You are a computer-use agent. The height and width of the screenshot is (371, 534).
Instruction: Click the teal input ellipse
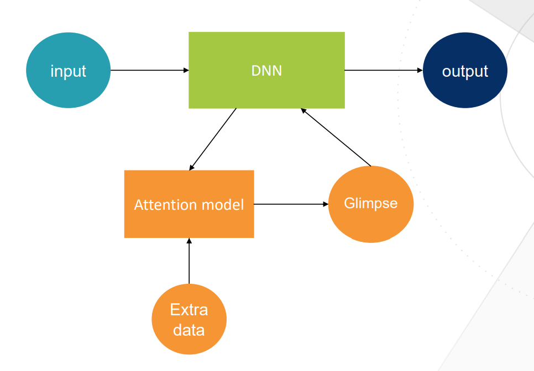tap(68, 71)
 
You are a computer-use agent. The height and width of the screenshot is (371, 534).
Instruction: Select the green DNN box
tap(266, 71)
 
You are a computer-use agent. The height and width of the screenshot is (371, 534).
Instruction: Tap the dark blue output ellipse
tap(465, 71)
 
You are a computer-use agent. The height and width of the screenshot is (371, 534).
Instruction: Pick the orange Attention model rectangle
tap(189, 204)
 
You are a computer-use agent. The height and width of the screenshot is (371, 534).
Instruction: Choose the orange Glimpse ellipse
tap(371, 204)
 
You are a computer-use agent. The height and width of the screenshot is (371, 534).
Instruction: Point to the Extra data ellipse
tap(189, 319)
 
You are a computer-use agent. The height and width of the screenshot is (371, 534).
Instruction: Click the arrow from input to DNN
tap(150, 71)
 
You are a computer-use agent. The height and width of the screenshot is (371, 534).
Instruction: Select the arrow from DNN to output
tap(384, 71)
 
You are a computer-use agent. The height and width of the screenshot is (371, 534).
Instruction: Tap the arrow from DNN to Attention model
tap(212, 140)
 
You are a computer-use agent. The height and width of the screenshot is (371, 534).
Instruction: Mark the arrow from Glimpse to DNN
tap(336, 137)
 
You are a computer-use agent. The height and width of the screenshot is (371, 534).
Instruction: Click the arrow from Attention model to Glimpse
tap(291, 204)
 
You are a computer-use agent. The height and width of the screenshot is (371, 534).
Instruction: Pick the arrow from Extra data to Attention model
tap(189, 261)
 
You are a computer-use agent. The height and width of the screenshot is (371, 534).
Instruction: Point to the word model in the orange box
tap(223, 205)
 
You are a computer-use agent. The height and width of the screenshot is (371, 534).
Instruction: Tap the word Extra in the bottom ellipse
tap(189, 310)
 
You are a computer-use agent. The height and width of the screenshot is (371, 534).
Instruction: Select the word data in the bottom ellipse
tap(189, 330)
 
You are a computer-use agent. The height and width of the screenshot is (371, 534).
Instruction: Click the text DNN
tap(266, 71)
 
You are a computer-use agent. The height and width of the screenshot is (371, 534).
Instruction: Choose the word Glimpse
tap(371, 203)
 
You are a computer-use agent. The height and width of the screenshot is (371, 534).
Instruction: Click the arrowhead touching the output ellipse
tap(420, 71)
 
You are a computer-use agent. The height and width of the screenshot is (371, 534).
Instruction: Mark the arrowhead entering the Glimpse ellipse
tap(326, 204)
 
